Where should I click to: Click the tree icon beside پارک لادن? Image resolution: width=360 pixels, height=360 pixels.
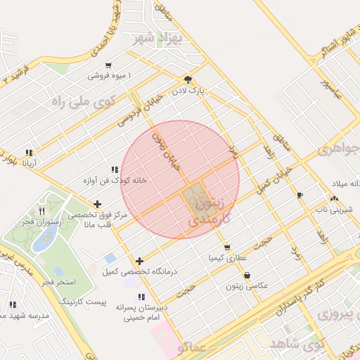coord(187,79)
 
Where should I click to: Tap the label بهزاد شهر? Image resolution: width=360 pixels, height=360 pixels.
coord(162,37)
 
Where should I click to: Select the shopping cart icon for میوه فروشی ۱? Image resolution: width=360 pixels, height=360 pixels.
coord(108,65)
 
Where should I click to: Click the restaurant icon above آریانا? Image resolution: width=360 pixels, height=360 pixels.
coord(29,153)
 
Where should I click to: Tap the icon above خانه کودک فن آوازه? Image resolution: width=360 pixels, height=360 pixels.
coord(114,169)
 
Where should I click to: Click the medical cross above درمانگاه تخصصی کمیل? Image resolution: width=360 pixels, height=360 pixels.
coord(139,261)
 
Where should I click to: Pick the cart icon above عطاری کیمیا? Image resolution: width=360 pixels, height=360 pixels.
coord(226,247)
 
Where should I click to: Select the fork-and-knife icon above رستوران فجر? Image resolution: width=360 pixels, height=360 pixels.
coord(41,211)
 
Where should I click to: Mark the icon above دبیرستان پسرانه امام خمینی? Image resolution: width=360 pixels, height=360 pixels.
coord(141,297)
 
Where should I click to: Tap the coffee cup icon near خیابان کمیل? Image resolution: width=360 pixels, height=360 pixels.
coord(300,195)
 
